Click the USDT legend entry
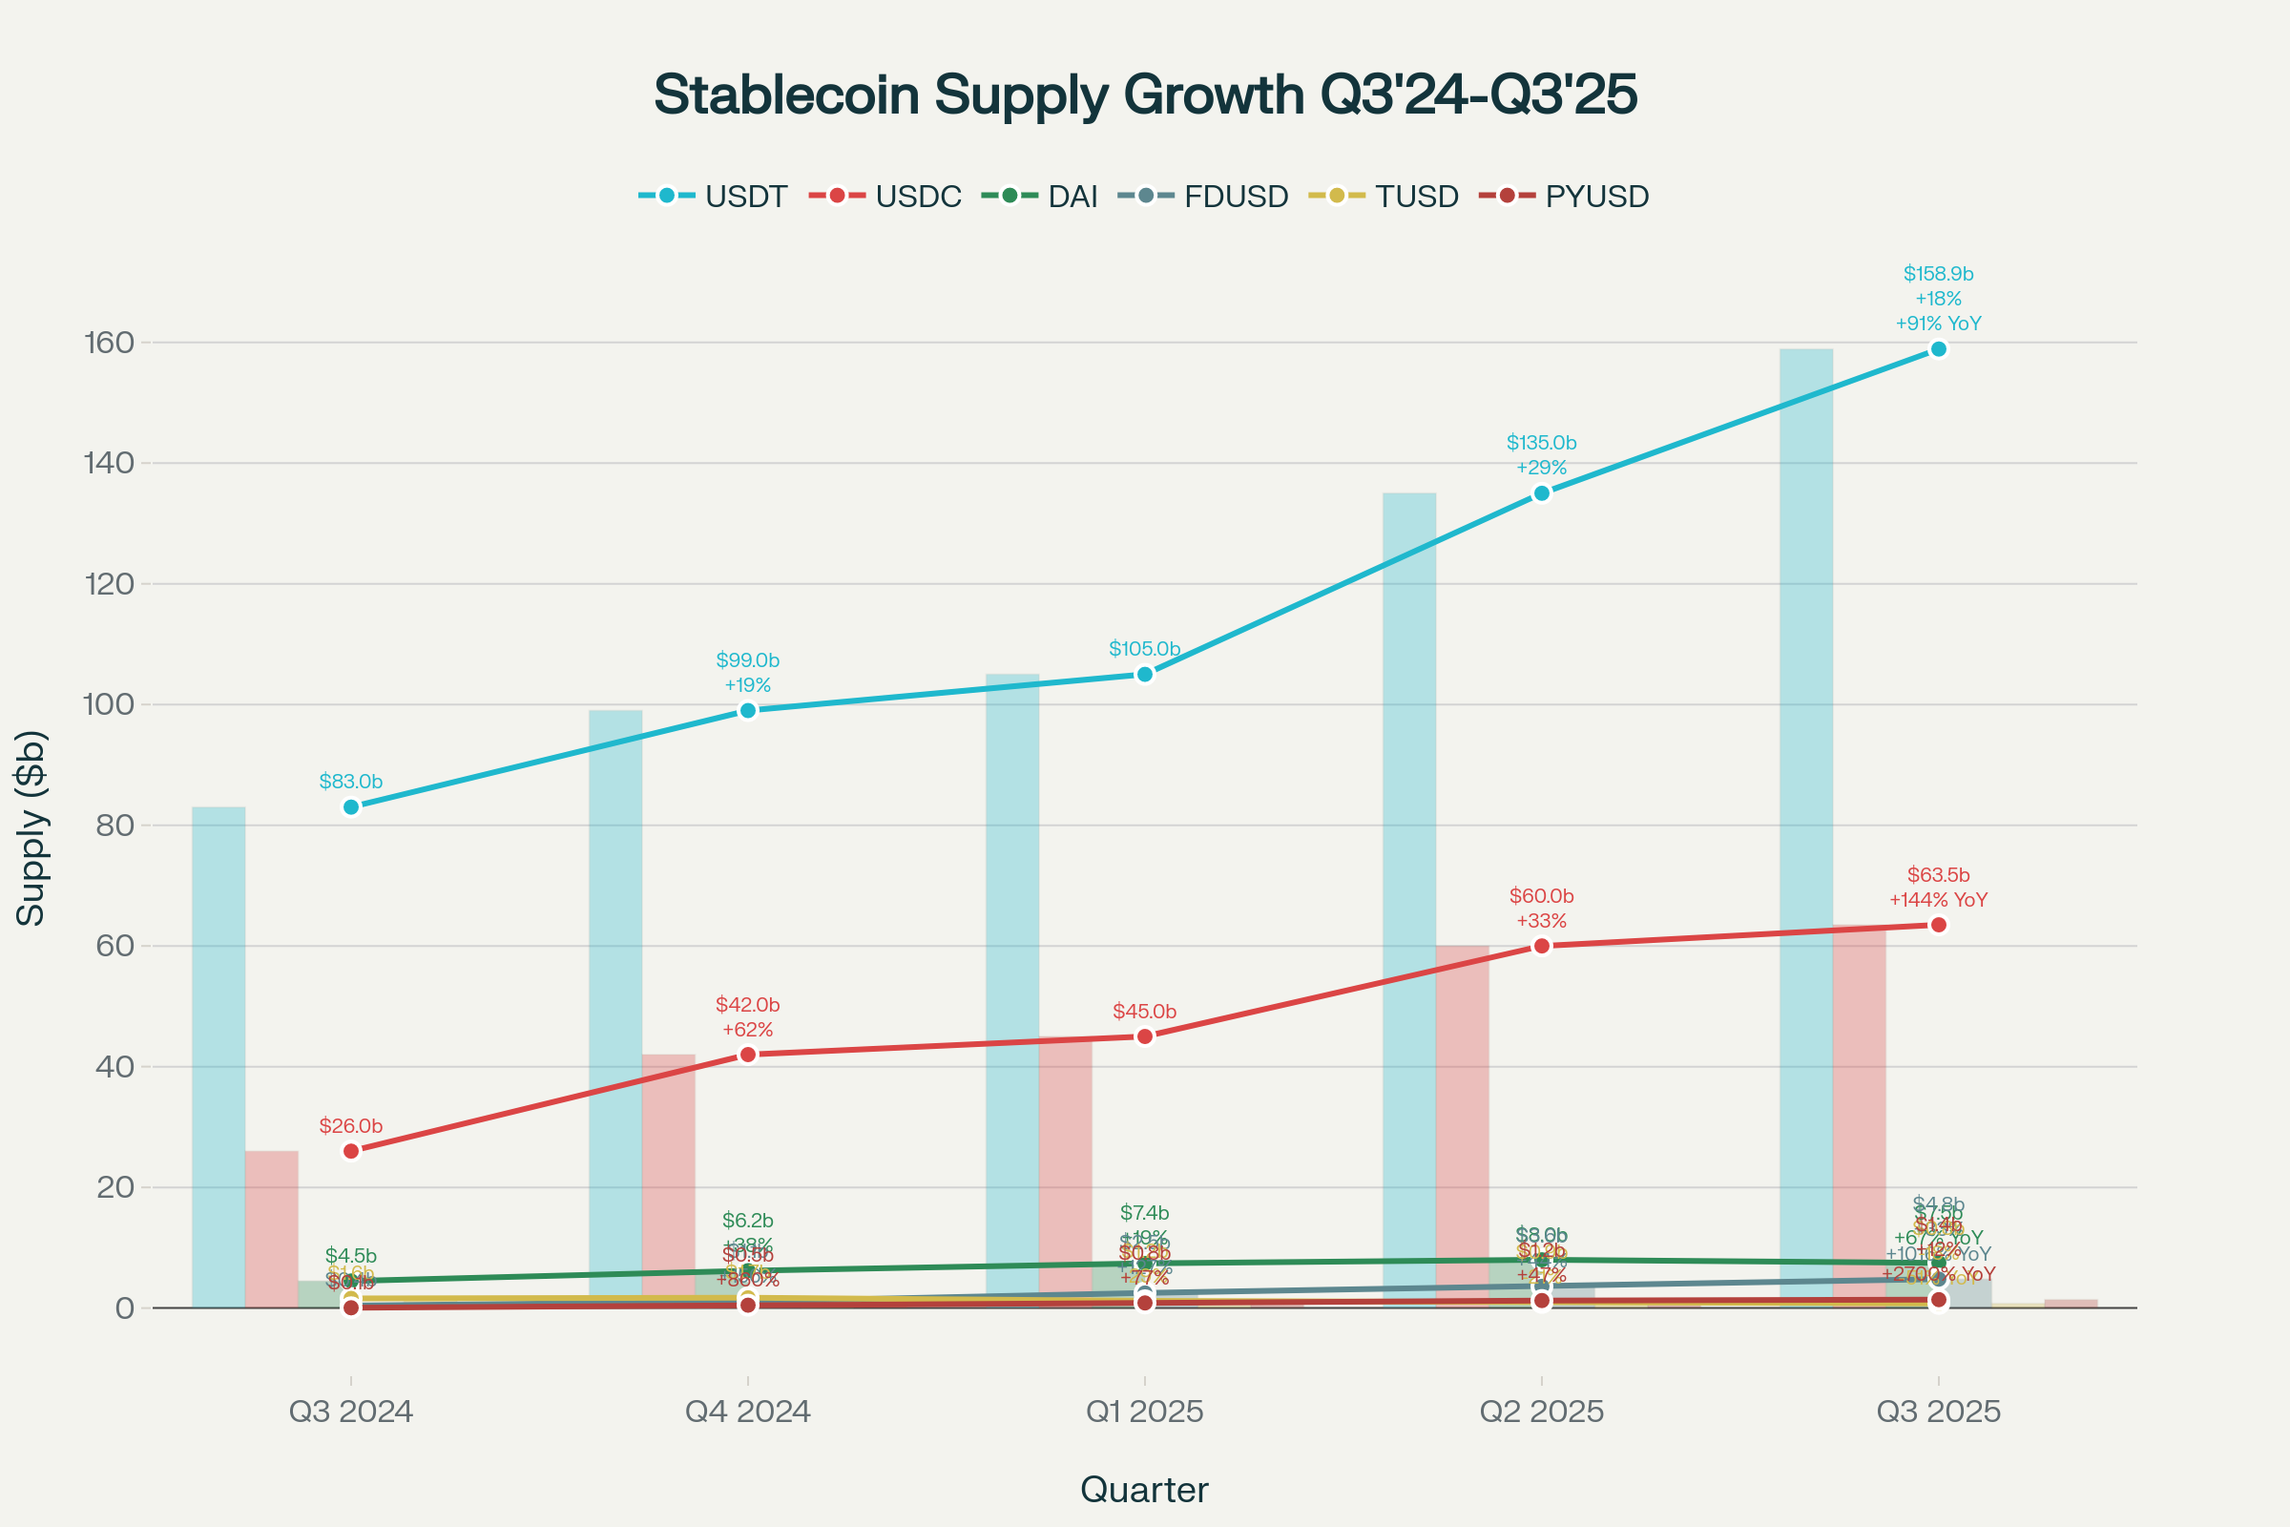pos(714,196)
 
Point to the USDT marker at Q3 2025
pos(1939,348)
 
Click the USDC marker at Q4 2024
pos(748,1055)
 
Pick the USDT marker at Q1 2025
pos(1145,674)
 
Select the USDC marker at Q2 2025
pos(1541,946)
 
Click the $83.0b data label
pos(350,781)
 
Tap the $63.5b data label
pos(1939,874)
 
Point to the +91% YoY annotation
pos(1939,324)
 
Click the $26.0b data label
pos(350,1126)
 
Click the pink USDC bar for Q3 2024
pos(272,1229)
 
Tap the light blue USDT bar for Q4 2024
pos(615,1008)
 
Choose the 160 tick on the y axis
pos(109,343)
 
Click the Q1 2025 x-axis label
pos(1145,1412)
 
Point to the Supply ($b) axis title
pos(31,826)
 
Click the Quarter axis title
pos(1145,1489)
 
